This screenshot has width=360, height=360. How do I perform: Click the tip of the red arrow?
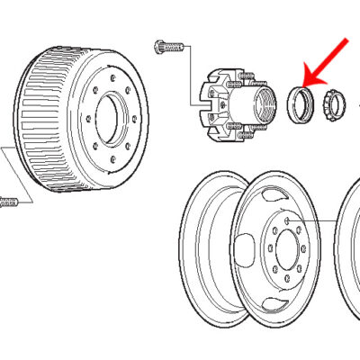[x=305, y=84]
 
